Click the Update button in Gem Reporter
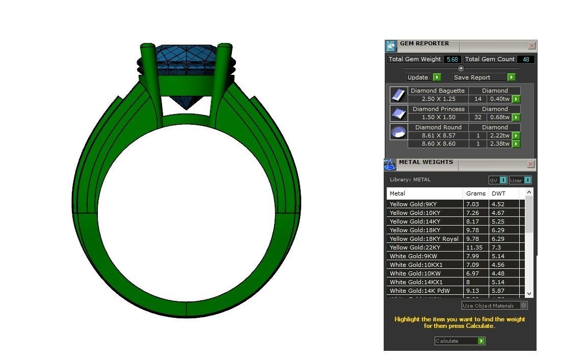tap(423, 77)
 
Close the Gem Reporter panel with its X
tap(531, 46)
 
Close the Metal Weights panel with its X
tap(530, 164)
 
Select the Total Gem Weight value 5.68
tap(452, 60)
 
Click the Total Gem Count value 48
tap(525, 60)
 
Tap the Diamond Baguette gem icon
tap(398, 95)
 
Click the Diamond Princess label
tap(438, 109)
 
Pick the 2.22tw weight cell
tap(499, 136)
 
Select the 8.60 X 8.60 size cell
tap(438, 144)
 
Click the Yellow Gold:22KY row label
tap(415, 247)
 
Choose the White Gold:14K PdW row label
tap(419, 291)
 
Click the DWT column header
tap(498, 193)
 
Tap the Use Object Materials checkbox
tap(523, 306)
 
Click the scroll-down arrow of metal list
tap(529, 293)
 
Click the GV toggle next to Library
tap(498, 180)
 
